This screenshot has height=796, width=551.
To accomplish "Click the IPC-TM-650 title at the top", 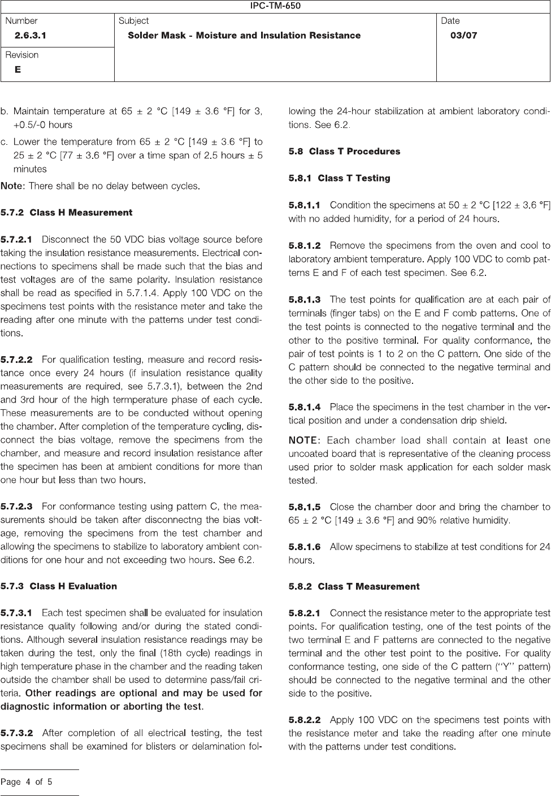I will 275,6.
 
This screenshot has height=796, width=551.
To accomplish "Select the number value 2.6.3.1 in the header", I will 31,36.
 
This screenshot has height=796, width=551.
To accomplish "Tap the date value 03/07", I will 463,36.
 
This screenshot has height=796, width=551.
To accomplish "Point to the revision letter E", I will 18,70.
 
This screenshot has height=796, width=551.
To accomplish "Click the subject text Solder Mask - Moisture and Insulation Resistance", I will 244,36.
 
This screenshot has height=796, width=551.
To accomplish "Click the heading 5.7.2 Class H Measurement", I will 67,213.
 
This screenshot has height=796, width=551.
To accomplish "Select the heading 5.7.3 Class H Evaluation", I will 59,586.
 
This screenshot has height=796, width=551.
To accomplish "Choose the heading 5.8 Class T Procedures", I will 344,152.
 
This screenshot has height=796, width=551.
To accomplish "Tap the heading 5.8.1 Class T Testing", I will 339,179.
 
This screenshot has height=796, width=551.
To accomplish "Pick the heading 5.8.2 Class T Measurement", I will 354,587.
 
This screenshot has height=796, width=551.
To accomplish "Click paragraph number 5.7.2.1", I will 17,240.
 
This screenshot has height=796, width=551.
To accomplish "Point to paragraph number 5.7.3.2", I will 17,733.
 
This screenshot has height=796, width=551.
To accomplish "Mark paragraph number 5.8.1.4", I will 305,407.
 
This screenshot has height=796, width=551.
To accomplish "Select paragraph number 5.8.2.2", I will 305,720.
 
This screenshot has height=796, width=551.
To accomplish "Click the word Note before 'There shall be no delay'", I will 12,186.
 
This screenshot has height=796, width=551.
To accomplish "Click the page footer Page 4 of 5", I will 27,782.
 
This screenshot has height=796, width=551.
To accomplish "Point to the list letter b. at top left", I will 5,111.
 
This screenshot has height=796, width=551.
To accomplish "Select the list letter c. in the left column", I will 5,142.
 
